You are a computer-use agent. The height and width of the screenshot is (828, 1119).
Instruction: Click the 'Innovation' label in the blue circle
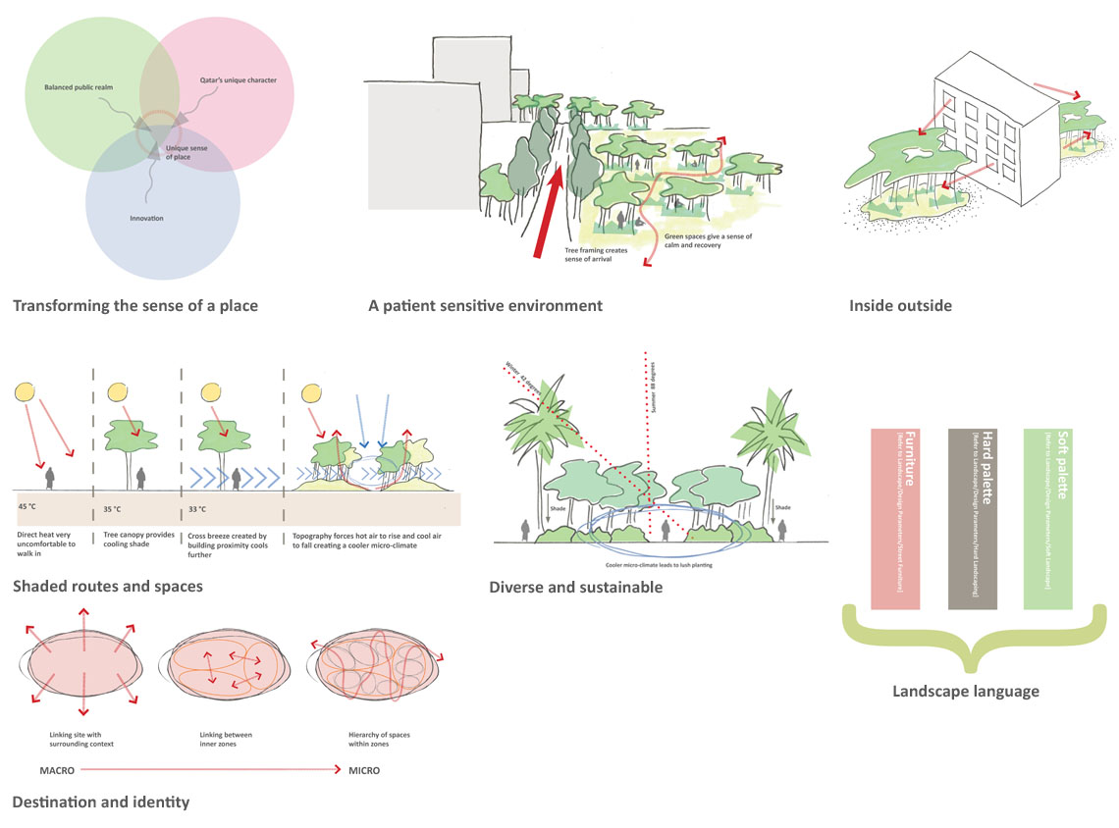pyautogui.click(x=145, y=218)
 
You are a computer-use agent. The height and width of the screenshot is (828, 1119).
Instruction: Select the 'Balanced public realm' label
pyautogui.click(x=79, y=88)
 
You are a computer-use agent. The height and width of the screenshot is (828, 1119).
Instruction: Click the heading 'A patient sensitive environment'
pyautogui.click(x=485, y=306)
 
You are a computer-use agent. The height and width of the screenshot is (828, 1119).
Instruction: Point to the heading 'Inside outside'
pyautogui.click(x=900, y=306)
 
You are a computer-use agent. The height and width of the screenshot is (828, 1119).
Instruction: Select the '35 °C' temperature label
pyautogui.click(x=112, y=509)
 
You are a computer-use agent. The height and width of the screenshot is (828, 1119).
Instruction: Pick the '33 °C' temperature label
pyautogui.click(x=196, y=509)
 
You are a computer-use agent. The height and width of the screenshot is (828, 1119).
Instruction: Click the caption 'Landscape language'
pyautogui.click(x=965, y=692)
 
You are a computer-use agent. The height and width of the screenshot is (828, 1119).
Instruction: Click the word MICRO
pyautogui.click(x=364, y=771)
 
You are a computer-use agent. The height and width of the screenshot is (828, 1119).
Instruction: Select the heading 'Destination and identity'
pyautogui.click(x=100, y=802)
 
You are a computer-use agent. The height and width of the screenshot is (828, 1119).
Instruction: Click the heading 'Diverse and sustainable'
pyautogui.click(x=575, y=588)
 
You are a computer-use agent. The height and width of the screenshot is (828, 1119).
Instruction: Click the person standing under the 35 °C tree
pyautogui.click(x=142, y=477)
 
